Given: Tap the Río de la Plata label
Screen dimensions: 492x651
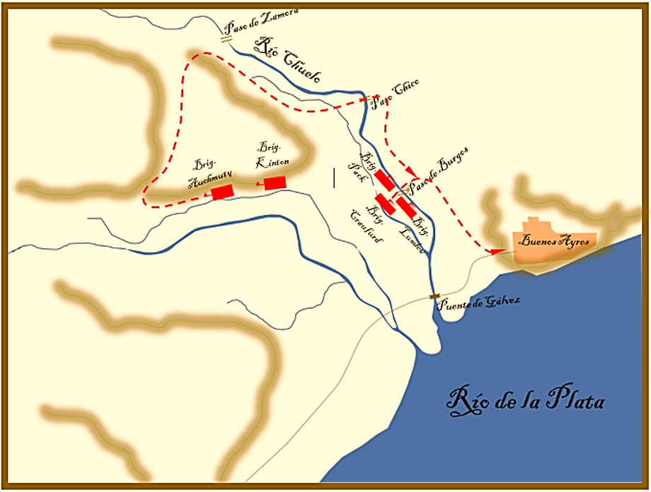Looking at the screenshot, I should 526,400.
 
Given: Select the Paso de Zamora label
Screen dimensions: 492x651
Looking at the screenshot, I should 257,20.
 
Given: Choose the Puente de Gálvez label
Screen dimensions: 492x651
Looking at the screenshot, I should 479,302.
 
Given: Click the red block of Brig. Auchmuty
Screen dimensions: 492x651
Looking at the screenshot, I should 222,192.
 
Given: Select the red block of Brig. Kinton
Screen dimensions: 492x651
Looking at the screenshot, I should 275,182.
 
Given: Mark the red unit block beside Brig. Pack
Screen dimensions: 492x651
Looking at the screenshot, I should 385,180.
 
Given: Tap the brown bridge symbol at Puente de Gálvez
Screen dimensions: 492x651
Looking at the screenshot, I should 434,296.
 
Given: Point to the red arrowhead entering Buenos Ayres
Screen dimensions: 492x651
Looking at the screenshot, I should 497,251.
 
